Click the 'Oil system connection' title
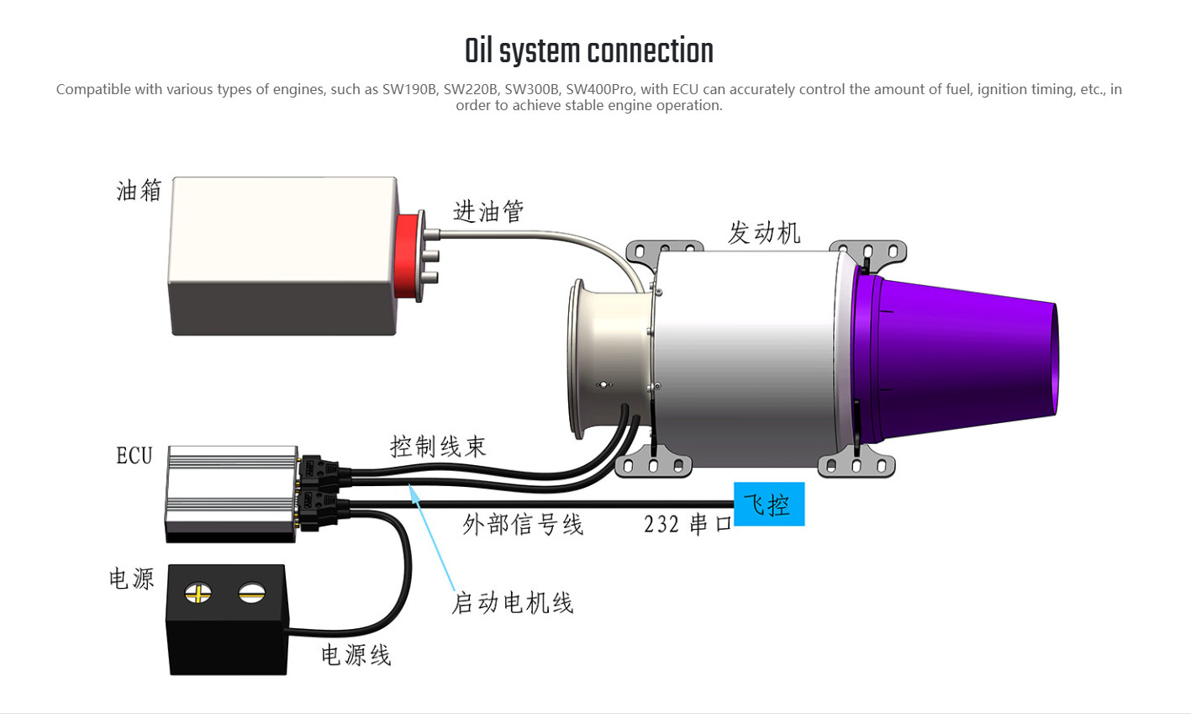point(588,51)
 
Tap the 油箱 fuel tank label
point(139,191)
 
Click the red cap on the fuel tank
point(409,256)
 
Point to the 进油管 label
point(488,211)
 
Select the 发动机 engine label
point(764,232)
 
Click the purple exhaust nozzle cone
point(958,357)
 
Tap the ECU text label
point(134,456)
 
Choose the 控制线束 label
point(438,446)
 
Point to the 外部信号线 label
point(523,525)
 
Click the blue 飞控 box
point(768,504)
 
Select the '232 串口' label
point(688,524)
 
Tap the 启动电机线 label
point(513,603)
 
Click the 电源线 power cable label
point(356,655)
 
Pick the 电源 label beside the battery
point(132,579)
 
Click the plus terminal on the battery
point(198,593)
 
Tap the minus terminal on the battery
point(251,593)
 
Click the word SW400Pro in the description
point(600,89)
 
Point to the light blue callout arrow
point(433,538)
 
